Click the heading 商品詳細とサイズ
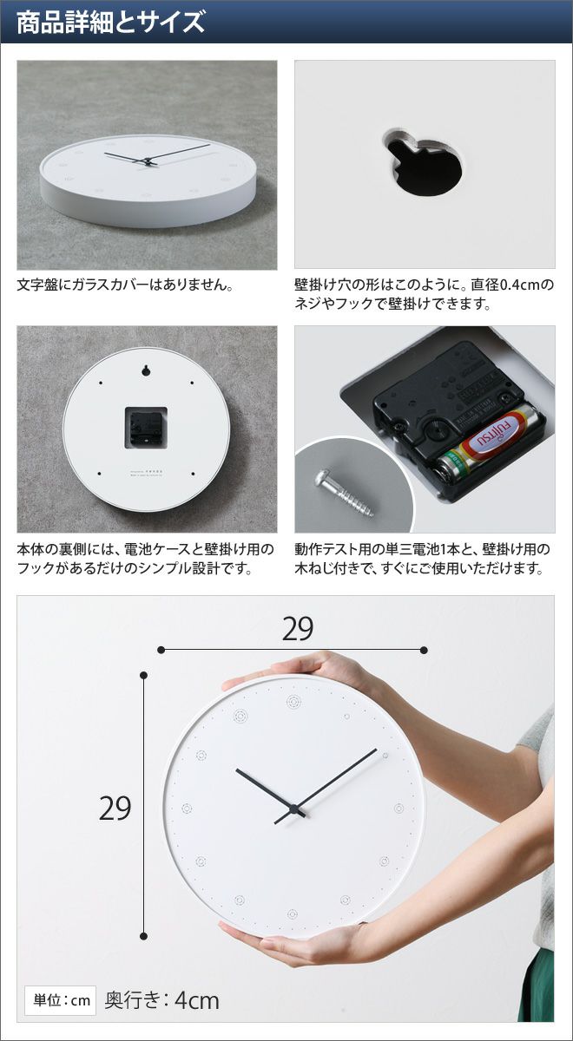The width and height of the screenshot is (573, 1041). click(x=111, y=23)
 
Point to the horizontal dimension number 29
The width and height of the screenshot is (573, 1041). click(x=298, y=629)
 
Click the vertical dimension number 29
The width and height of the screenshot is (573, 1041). click(x=115, y=809)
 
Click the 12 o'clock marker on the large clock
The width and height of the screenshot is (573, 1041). click(x=294, y=701)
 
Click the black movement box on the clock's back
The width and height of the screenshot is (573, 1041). click(x=145, y=428)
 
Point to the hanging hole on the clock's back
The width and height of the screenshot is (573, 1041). click(x=146, y=371)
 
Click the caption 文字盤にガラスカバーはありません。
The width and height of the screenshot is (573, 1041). click(x=125, y=285)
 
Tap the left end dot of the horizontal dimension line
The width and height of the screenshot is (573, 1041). click(x=161, y=650)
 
